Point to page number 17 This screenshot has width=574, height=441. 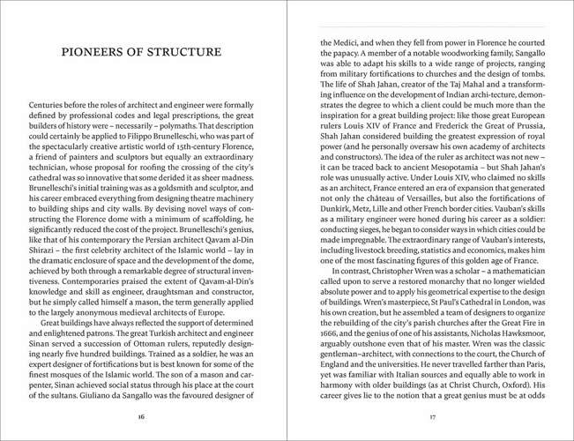(432, 415)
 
